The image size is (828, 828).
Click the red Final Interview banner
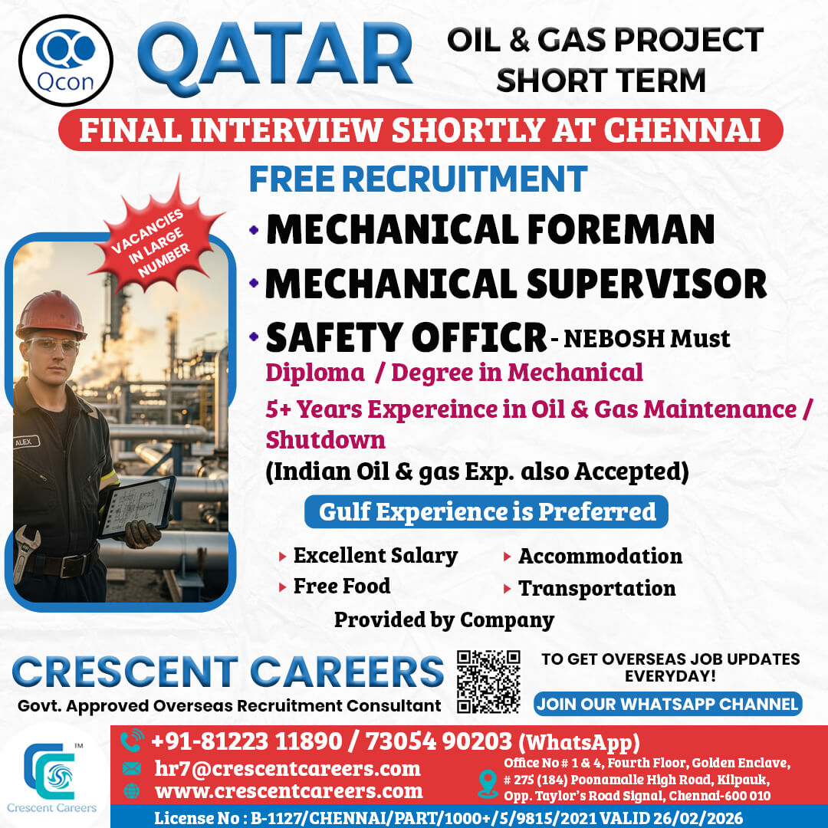coord(420,130)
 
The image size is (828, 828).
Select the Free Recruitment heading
coord(419,179)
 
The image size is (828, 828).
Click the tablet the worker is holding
coord(137,507)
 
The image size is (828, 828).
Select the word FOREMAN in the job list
coord(621,230)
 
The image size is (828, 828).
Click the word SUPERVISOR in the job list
coord(647,284)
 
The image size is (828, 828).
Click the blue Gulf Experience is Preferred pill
coord(486,511)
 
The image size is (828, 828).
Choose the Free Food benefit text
coord(342,586)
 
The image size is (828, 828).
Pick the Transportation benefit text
coord(597,588)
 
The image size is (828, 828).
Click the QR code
coord(488,682)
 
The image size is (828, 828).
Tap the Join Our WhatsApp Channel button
coord(668,704)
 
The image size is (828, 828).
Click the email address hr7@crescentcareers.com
coord(287,769)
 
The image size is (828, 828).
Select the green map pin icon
coord(488,784)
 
